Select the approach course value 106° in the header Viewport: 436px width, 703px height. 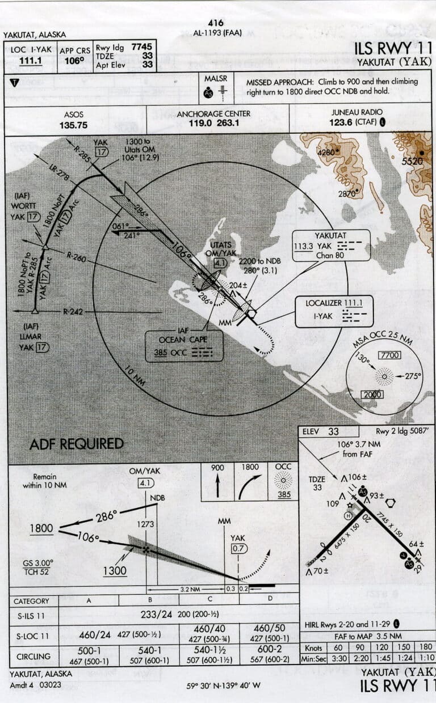tap(73, 60)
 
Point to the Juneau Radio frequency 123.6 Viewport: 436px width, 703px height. tap(341, 122)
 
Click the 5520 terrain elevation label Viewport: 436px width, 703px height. tap(413, 162)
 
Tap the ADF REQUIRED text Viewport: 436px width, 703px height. tap(76, 444)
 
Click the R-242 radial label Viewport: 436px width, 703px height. tap(73, 311)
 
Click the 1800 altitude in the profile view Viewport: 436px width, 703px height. tap(42, 528)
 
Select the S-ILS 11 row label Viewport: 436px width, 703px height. tap(32, 615)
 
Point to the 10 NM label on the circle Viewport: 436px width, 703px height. tap(135, 375)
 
